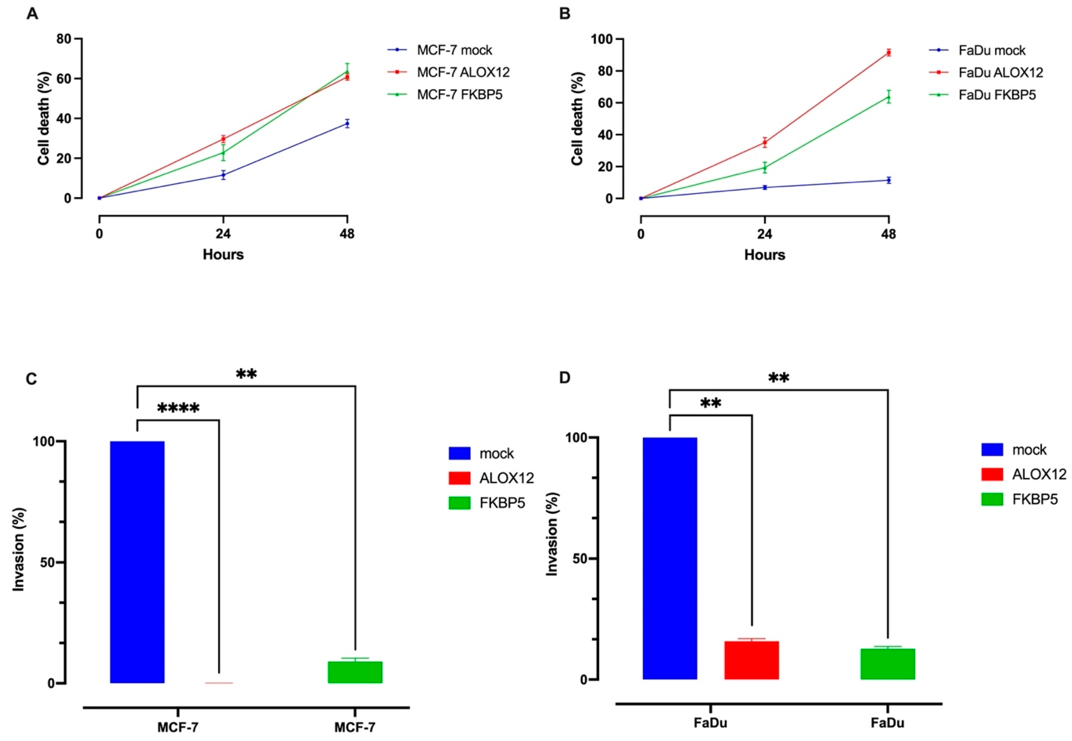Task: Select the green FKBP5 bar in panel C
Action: click(x=355, y=672)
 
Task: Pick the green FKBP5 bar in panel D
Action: click(x=887, y=664)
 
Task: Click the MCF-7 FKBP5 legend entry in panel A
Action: click(x=459, y=95)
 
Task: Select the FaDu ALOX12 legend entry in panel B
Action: click(x=1001, y=72)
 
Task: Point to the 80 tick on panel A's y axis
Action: click(x=64, y=39)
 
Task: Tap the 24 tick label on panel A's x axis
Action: click(x=223, y=234)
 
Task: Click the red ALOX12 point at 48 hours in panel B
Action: click(x=888, y=52)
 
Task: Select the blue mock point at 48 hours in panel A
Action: click(x=347, y=124)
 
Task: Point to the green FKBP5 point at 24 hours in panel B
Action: click(x=765, y=168)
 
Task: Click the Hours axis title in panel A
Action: click(x=223, y=254)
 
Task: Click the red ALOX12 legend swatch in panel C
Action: click(x=459, y=478)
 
